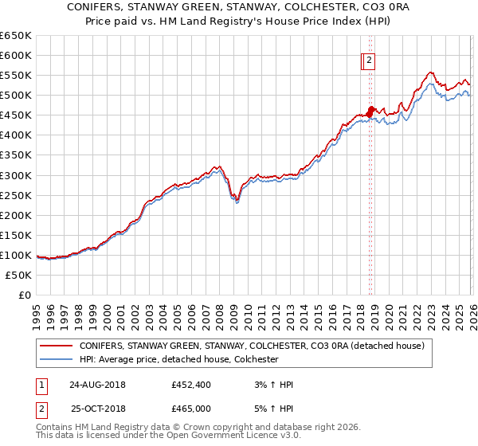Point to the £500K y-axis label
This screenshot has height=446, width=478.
click(x=16, y=96)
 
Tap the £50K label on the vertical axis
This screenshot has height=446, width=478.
click(x=18, y=275)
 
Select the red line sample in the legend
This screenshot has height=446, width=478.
click(x=56, y=346)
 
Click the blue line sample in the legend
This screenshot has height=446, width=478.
click(x=56, y=359)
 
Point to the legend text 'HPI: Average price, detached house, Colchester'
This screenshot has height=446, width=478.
click(x=178, y=359)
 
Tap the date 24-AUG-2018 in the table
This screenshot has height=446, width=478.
click(x=96, y=385)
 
